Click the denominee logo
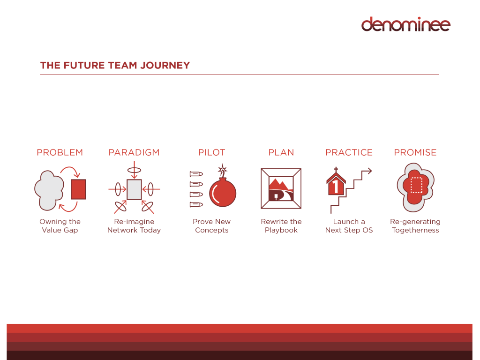[405, 24]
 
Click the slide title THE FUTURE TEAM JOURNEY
[115, 65]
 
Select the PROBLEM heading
[60, 152]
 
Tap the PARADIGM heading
[134, 152]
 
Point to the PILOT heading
[211, 152]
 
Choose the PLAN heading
[281, 152]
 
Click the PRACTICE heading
[349, 152]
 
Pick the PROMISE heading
[415, 152]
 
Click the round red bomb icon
[223, 193]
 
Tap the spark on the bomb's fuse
[223, 169]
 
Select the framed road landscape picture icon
[281, 188]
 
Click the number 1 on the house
[335, 187]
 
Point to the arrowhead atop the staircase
[369, 171]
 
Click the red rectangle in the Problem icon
[78, 189]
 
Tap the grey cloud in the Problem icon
[49, 190]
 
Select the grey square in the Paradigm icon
[134, 189]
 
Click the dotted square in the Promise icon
[416, 185]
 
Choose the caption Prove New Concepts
[211, 226]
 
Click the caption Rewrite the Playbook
[281, 226]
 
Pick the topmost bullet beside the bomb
[196, 174]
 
